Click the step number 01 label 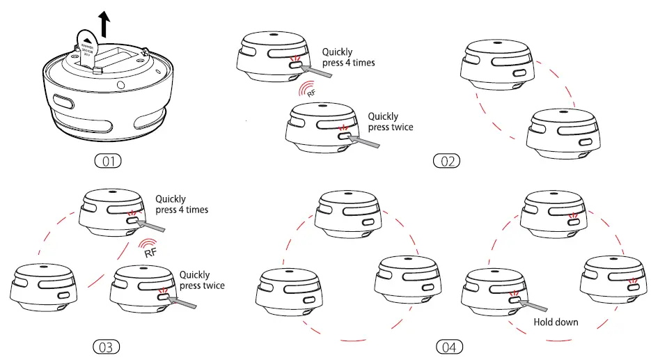pos(107,162)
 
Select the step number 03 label pos(107,346)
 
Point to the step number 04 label pos(449,346)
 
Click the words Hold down pos(556,322)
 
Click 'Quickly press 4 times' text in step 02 pos(347,57)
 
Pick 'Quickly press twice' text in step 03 pos(202,280)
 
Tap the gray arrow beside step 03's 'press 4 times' pos(151,226)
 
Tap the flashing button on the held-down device pos(515,300)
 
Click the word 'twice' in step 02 pos(401,127)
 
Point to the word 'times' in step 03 pos(196,210)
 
